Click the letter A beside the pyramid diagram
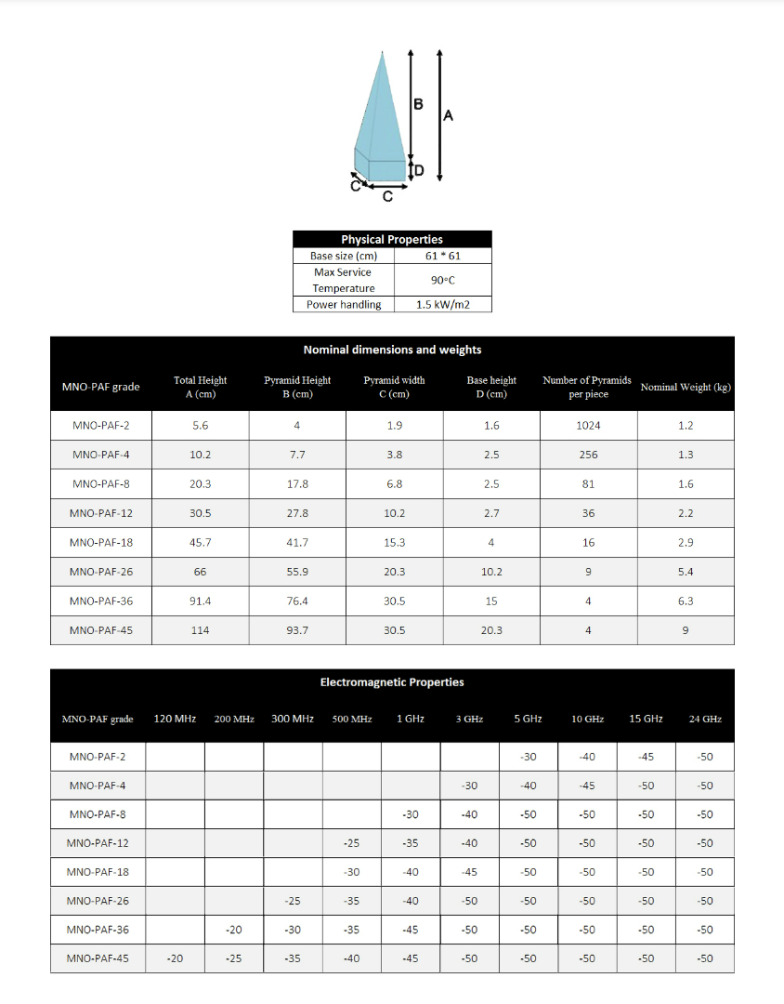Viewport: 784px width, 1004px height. point(449,116)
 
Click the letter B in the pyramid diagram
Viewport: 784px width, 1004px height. point(418,104)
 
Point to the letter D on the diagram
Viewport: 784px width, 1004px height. point(419,171)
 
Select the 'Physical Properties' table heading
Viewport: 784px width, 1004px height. point(391,240)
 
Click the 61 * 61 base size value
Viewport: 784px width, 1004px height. point(442,256)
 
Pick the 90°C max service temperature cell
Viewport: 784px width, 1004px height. point(442,280)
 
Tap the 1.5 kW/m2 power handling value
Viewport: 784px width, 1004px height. point(442,305)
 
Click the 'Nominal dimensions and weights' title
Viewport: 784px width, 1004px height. point(392,350)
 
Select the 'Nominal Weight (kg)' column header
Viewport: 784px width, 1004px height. point(686,387)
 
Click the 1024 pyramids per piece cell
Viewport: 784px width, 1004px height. point(588,426)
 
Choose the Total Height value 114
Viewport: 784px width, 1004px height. point(200,630)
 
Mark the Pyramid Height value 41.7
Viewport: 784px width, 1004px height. point(297,542)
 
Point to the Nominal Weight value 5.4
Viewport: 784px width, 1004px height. point(686,572)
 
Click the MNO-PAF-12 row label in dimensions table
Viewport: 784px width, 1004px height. point(100,513)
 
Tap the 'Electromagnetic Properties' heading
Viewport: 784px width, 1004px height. point(392,682)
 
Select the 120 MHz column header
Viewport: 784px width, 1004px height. point(175,719)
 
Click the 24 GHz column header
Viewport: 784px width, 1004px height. point(705,719)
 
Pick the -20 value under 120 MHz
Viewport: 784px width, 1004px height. point(175,958)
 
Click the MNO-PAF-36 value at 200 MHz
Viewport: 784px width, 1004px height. point(234,930)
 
